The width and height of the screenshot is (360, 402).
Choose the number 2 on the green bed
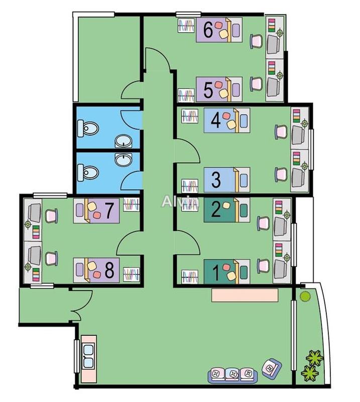[x=215, y=209]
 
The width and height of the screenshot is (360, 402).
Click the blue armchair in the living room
[x=271, y=369]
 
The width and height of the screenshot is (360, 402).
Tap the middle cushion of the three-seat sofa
[x=232, y=374]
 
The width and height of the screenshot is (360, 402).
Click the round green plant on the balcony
[x=304, y=296]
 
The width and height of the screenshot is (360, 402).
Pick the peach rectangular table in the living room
[x=245, y=294]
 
